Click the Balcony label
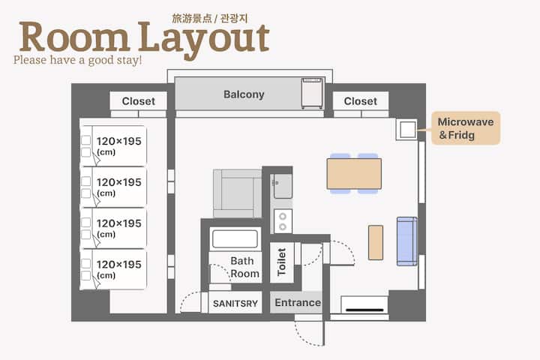tap(244, 94)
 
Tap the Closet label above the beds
tap(139, 101)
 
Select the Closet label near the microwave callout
tap(360, 101)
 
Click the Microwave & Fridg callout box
tap(466, 128)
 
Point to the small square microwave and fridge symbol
tap(407, 130)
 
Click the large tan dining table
tap(354, 174)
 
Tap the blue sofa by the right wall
tap(407, 241)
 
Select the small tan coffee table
tap(376, 242)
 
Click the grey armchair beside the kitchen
tap(237, 193)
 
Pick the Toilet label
tap(282, 262)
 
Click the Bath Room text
tap(244, 267)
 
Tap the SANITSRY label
tap(235, 304)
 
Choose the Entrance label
tap(298, 302)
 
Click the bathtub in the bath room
tap(235, 238)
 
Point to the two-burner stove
tap(283, 221)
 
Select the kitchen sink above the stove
tap(283, 186)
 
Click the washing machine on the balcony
tap(312, 93)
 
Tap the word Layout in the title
tap(204, 39)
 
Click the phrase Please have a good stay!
tap(77, 60)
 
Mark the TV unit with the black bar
tap(364, 304)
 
